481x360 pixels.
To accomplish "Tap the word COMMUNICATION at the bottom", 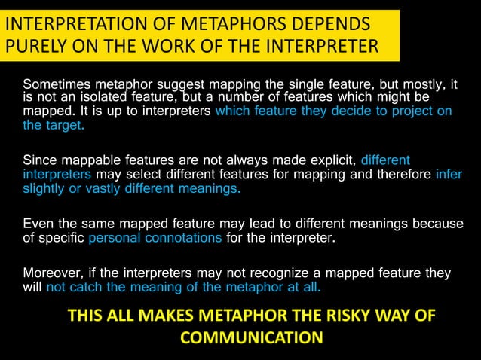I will [x=252, y=337].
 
